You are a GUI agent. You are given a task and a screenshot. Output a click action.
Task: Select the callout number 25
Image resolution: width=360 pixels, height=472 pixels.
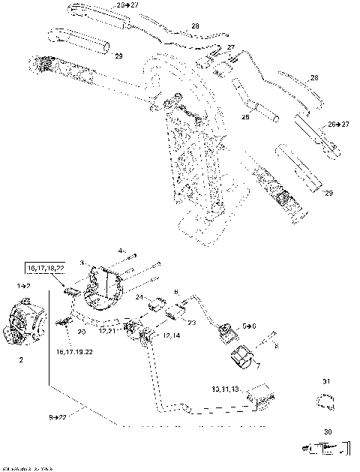(x=244, y=117)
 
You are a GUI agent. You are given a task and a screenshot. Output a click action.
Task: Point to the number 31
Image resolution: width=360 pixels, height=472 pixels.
(x=325, y=382)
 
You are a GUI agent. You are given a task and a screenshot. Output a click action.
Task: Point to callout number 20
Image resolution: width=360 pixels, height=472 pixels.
(x=82, y=331)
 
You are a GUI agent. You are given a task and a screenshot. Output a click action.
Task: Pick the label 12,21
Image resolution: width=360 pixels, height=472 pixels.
(x=109, y=331)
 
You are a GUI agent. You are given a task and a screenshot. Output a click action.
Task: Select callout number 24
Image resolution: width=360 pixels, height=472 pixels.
(x=139, y=298)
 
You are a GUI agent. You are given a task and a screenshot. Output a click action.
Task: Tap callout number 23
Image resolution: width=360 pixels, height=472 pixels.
(x=190, y=323)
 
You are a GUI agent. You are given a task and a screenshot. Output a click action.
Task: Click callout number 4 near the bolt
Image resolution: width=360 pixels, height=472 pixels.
(x=119, y=250)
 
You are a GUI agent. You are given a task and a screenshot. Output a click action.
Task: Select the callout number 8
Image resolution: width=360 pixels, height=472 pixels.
(x=275, y=347)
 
